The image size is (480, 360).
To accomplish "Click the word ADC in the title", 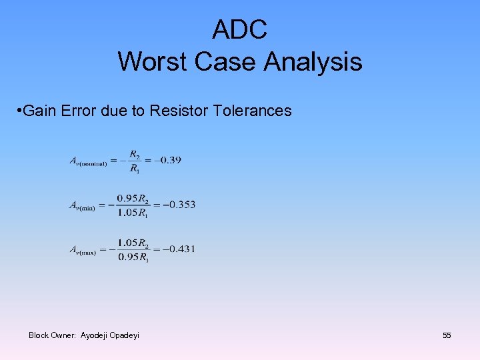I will coord(239,29).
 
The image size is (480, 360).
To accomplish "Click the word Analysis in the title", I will coord(313,62).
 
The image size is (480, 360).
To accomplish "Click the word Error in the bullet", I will coord(78,111).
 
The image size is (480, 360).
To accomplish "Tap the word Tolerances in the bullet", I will coord(253,111).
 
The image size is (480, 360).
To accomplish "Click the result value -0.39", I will coord(167,160).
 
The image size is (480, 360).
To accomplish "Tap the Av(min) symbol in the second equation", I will coord(83,206).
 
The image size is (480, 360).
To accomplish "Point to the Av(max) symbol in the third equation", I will coord(83,251).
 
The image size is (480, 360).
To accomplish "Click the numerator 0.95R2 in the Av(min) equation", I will coord(133,198).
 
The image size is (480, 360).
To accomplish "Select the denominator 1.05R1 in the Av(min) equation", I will coord(133,213).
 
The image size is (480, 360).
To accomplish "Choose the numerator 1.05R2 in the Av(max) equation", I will coord(133,243).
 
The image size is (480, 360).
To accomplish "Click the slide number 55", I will coord(447,335).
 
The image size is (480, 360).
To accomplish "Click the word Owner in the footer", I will coord(63,335).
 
